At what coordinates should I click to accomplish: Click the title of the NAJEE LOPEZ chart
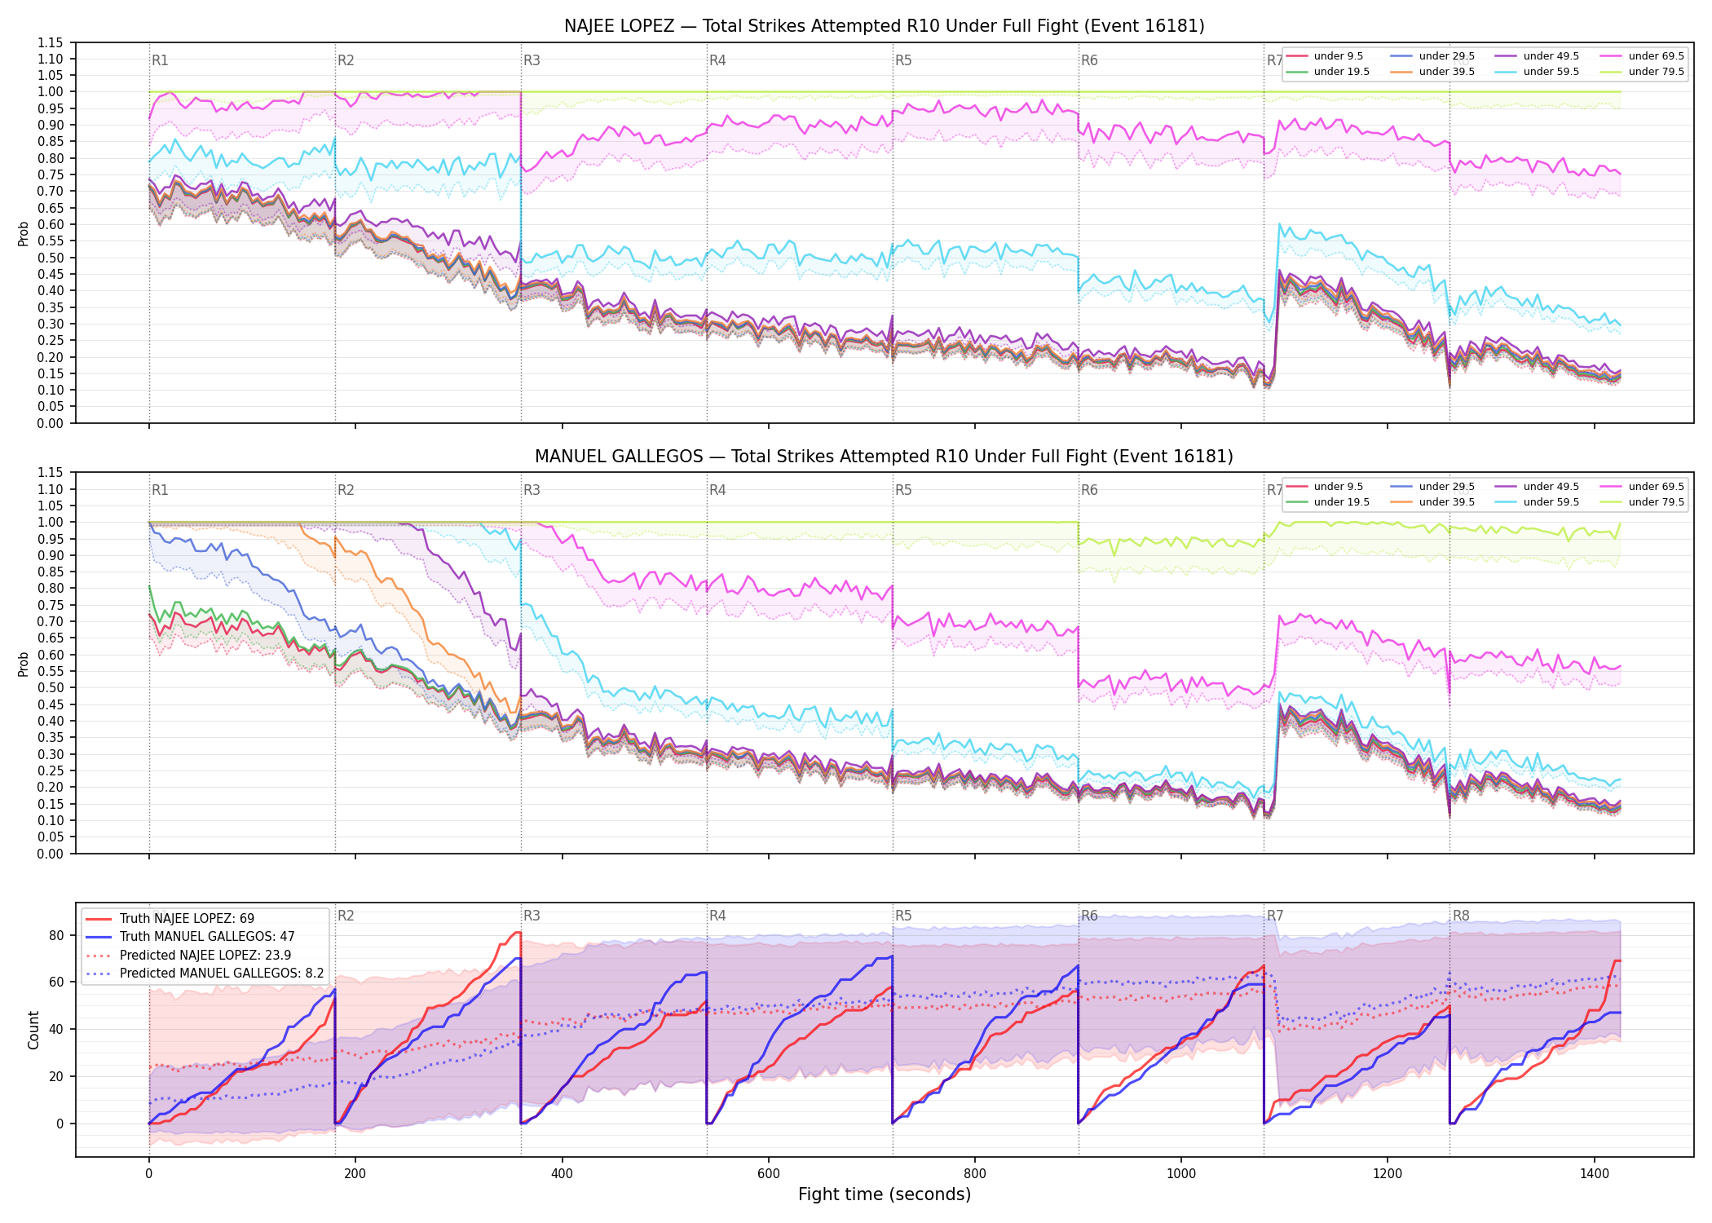coord(884,26)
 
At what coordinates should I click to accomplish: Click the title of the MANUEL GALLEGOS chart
coord(884,457)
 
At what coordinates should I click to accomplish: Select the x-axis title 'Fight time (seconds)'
coord(885,1194)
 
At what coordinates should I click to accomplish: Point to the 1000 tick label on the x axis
coord(1181,1174)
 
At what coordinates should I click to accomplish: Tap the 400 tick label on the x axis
coord(562,1174)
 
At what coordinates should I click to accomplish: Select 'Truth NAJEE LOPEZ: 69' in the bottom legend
coord(187,918)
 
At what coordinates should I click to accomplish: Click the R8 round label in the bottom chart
coord(1461,916)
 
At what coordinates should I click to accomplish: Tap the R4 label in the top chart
coord(717,60)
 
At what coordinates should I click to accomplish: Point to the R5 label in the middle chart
coord(903,490)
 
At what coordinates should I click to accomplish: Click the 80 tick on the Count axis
coord(56,935)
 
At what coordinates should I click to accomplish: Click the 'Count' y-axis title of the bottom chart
coord(33,1030)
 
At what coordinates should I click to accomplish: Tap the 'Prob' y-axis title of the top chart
coord(24,234)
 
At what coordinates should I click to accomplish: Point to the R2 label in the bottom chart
coord(346,916)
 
